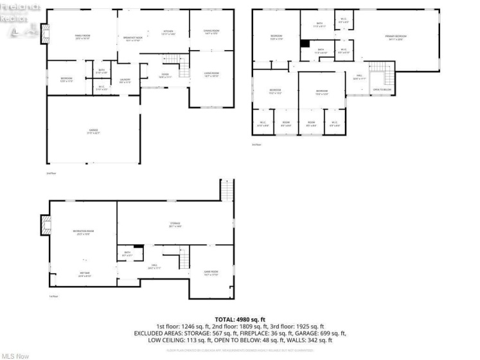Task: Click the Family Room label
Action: [82, 36]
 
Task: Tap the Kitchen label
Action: [168, 32]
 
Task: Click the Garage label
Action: [93, 131]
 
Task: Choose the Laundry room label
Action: [125, 80]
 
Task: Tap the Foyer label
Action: [164, 75]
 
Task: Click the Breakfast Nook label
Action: [133, 39]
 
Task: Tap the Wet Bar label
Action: [84, 274]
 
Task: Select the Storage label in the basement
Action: [175, 224]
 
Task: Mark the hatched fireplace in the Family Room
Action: [44, 34]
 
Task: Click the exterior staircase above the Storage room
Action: [227, 190]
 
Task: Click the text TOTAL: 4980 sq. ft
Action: [240, 318]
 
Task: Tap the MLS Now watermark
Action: [15, 354]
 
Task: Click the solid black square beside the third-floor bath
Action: [305, 44]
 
